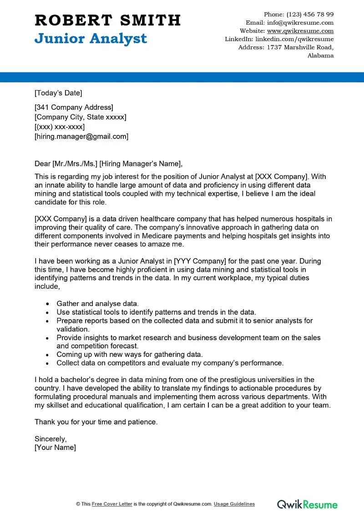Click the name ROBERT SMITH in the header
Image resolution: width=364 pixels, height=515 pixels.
pos(108,20)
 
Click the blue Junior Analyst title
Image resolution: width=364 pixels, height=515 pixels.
pos(91,39)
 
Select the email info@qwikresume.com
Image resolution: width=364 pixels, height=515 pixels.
pos(301,22)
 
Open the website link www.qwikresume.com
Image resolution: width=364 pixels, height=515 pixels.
pos(300,31)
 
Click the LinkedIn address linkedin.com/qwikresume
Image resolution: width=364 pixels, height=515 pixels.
pos(294,39)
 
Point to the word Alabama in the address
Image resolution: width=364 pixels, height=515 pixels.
pos(320,56)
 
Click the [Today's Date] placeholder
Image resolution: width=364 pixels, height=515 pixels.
pos(58,93)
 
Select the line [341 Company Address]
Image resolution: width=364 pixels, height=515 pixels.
pos(74,107)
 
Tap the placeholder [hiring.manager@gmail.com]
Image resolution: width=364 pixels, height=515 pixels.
pos(81,136)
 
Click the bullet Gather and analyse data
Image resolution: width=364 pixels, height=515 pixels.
pos(98,304)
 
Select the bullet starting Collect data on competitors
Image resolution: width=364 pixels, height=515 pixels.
pos(170,363)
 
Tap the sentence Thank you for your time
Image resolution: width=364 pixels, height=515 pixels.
pos(96,422)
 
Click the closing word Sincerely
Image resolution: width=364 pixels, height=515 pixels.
pos(51,439)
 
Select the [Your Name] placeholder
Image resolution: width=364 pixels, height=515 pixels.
pos(56,448)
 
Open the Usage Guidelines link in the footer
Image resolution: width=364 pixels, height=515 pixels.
pos(234,504)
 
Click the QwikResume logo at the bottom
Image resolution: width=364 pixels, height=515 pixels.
pos(308,504)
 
